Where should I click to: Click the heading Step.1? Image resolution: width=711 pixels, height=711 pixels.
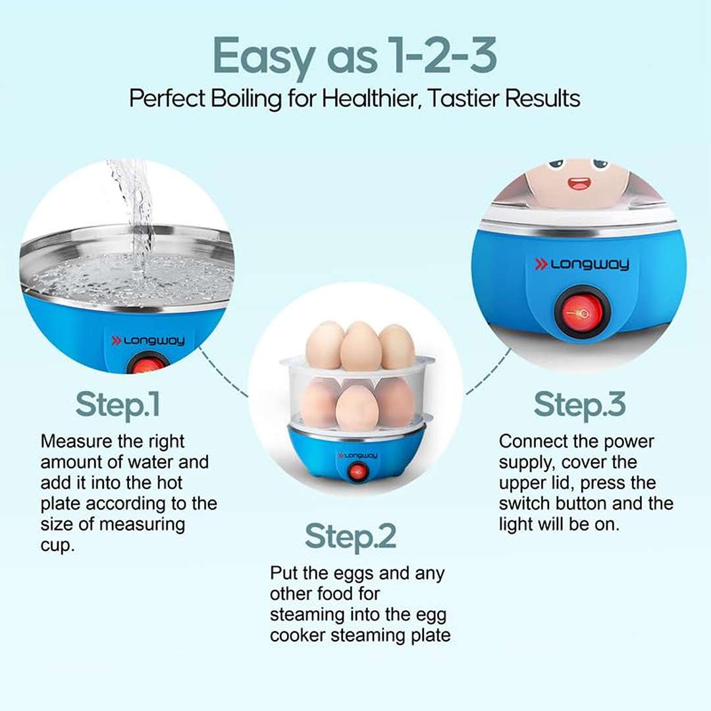[118, 404]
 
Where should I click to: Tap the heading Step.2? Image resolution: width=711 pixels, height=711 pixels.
[350, 537]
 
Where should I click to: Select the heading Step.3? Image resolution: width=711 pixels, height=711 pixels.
[579, 404]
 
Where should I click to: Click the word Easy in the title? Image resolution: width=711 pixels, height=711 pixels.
[263, 56]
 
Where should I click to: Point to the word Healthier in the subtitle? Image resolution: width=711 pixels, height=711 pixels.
[369, 98]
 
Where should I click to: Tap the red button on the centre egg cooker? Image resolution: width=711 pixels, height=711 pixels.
[357, 472]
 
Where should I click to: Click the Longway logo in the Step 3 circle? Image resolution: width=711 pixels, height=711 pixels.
[582, 265]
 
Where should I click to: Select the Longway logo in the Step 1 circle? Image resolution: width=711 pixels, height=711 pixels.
[148, 340]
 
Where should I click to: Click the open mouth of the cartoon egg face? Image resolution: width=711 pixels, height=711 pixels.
[579, 183]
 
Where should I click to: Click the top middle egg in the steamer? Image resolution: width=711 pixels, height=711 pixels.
[361, 346]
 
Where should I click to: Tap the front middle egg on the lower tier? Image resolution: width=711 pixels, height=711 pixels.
[357, 408]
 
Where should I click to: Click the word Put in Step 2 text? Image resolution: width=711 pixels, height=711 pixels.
[283, 573]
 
